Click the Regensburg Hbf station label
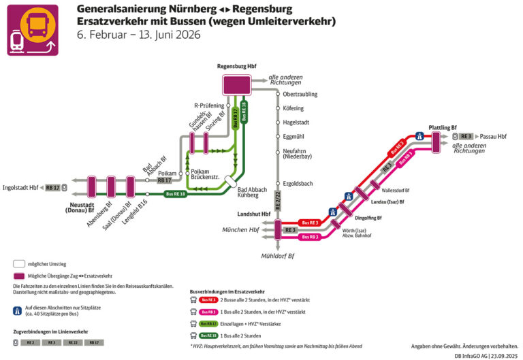point(236,67)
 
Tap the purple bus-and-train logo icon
point(33,30)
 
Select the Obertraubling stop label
point(300,94)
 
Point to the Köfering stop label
point(293,108)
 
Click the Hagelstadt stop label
point(297,122)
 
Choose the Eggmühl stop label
point(294,137)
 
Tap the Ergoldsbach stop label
point(298,184)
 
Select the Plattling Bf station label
point(443,127)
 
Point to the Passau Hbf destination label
point(492,136)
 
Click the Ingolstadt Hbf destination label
point(20,187)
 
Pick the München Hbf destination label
point(240,230)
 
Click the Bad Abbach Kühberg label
point(248,191)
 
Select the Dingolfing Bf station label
point(368,218)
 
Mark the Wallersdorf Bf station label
point(396,191)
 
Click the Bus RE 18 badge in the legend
point(208,336)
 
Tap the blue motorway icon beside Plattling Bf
point(420,136)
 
